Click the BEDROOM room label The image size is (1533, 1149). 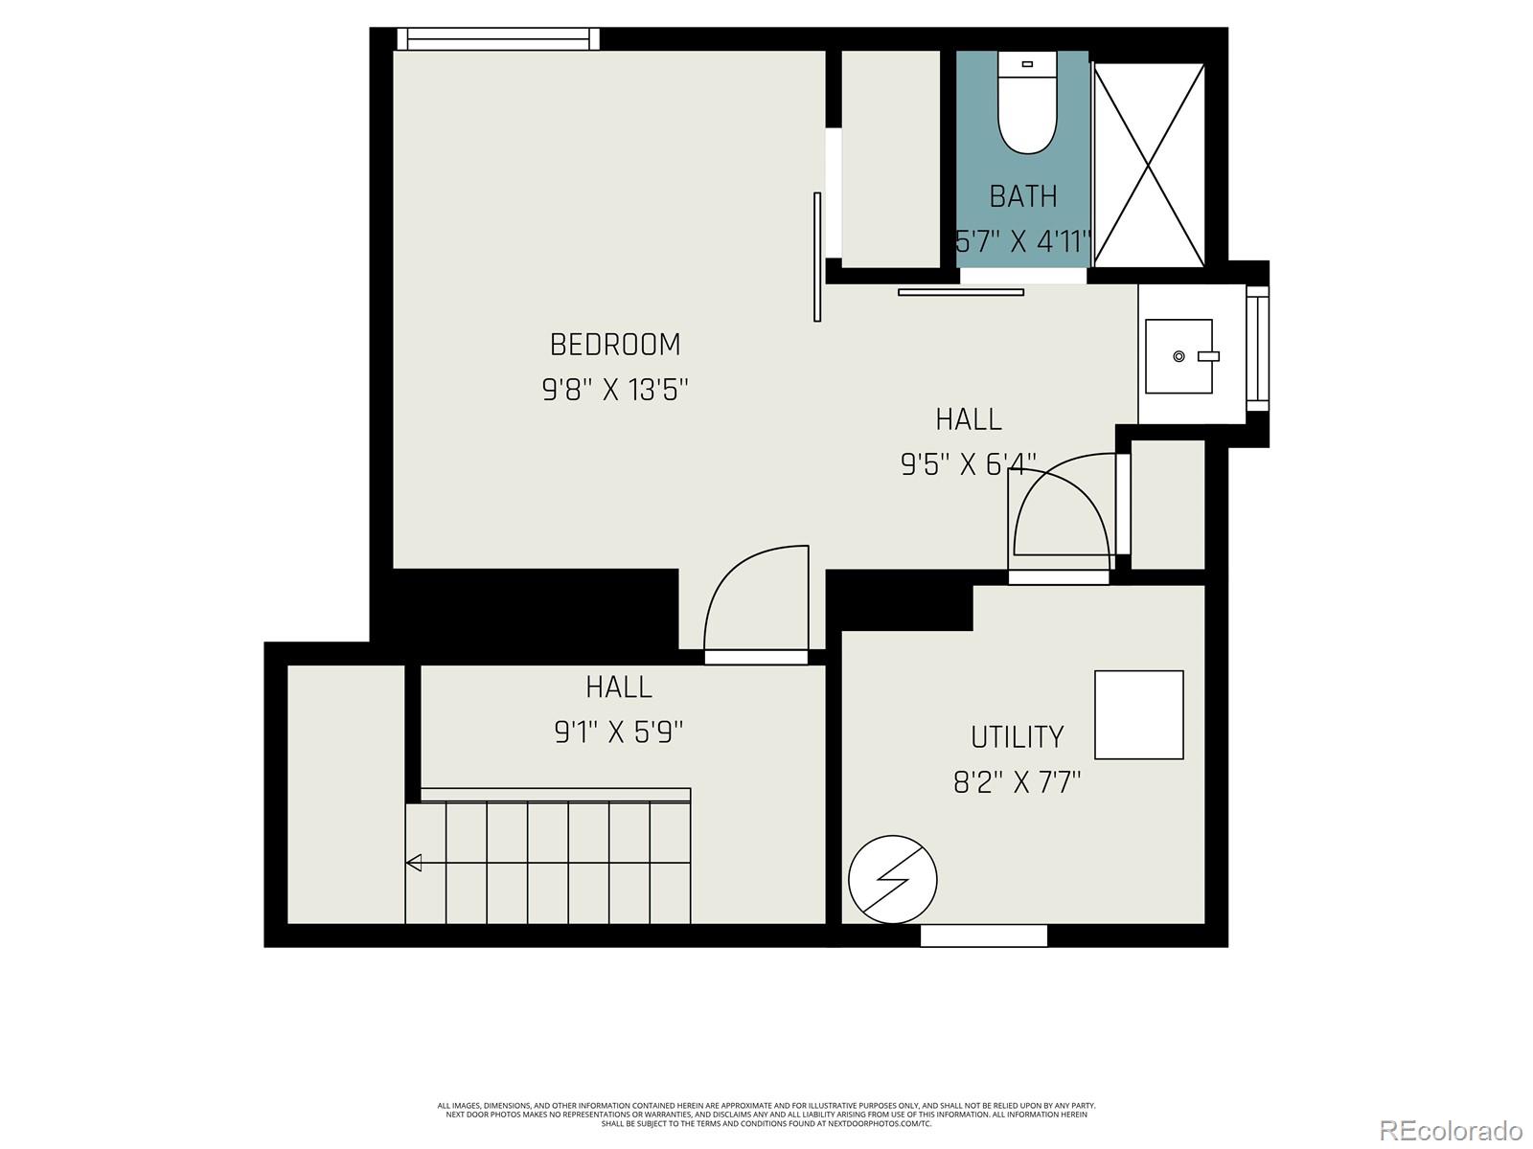pyautogui.click(x=615, y=345)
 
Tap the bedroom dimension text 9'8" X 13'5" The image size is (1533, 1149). pyautogui.click(x=615, y=391)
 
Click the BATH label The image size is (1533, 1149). pyautogui.click(x=1023, y=196)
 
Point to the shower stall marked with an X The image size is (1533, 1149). pyautogui.click(x=1149, y=165)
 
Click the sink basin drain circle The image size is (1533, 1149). pyautogui.click(x=1178, y=356)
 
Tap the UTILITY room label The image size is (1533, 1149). pyautogui.click(x=1017, y=736)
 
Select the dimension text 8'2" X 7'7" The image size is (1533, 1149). pyautogui.click(x=1017, y=783)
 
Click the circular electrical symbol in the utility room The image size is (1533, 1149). pyautogui.click(x=892, y=878)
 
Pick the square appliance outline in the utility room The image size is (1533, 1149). pyautogui.click(x=1138, y=715)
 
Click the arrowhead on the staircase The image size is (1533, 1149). pyautogui.click(x=414, y=863)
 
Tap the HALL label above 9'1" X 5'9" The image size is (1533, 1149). pyautogui.click(x=619, y=687)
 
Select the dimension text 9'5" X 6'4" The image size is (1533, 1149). pyautogui.click(x=968, y=464)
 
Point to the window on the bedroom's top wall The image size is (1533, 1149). pyautogui.click(x=497, y=38)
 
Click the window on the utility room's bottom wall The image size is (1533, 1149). pyautogui.click(x=983, y=935)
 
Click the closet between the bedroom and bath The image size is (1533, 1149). pyautogui.click(x=890, y=159)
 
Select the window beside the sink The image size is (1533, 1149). pyautogui.click(x=1257, y=349)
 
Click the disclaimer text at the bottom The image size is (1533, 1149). pyautogui.click(x=766, y=1115)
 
